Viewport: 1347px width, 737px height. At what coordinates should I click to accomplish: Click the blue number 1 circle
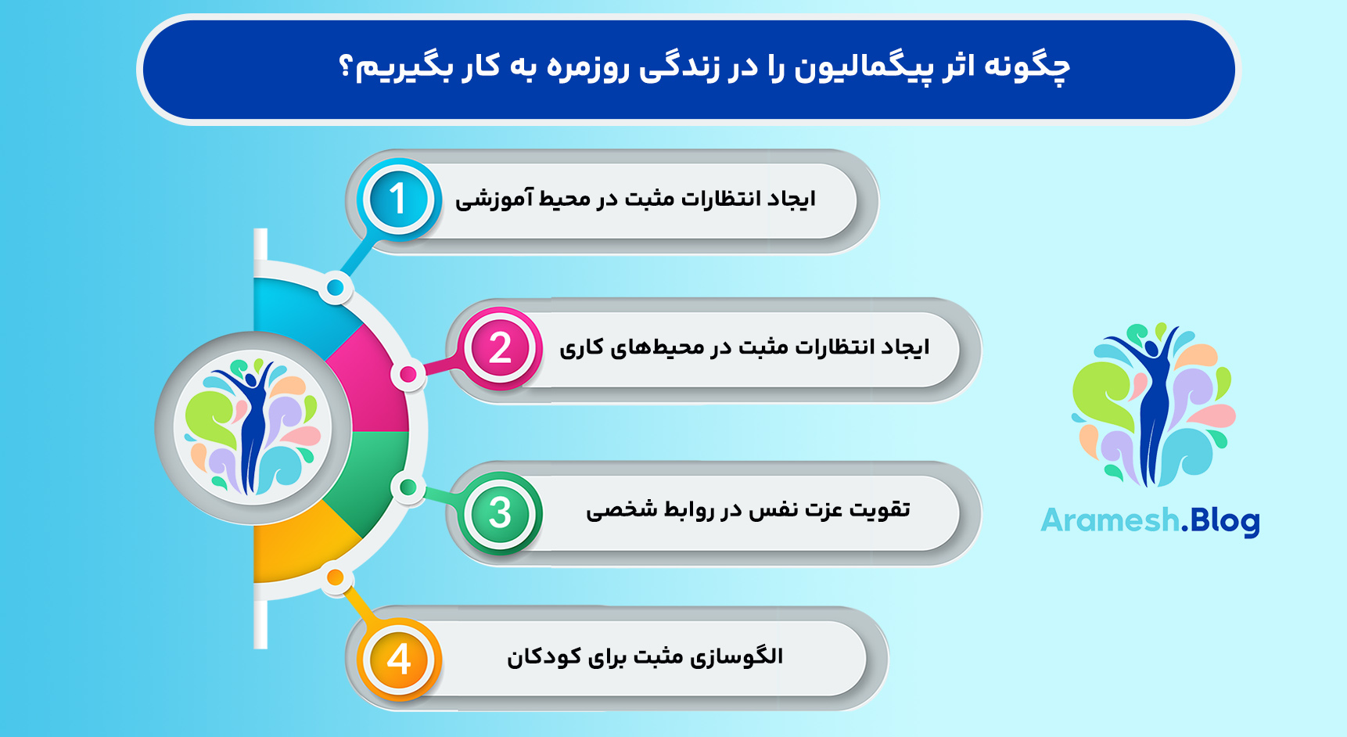[x=399, y=199]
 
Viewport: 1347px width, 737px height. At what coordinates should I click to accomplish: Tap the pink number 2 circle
[x=501, y=348]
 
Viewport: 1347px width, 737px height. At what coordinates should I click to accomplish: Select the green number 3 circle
[x=501, y=513]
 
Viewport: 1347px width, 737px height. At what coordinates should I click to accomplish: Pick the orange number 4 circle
[x=399, y=659]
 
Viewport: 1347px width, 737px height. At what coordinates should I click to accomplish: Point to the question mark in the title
[x=346, y=67]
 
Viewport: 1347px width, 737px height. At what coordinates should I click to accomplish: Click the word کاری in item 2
[x=581, y=347]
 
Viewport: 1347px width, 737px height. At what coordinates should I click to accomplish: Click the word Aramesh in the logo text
[x=1109, y=520]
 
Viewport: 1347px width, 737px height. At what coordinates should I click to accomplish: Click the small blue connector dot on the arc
[x=336, y=288]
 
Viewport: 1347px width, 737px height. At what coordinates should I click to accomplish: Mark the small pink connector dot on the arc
[x=408, y=375]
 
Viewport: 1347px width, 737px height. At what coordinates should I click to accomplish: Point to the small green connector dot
[x=407, y=487]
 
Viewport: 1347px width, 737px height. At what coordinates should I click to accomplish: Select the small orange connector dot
[x=335, y=578]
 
